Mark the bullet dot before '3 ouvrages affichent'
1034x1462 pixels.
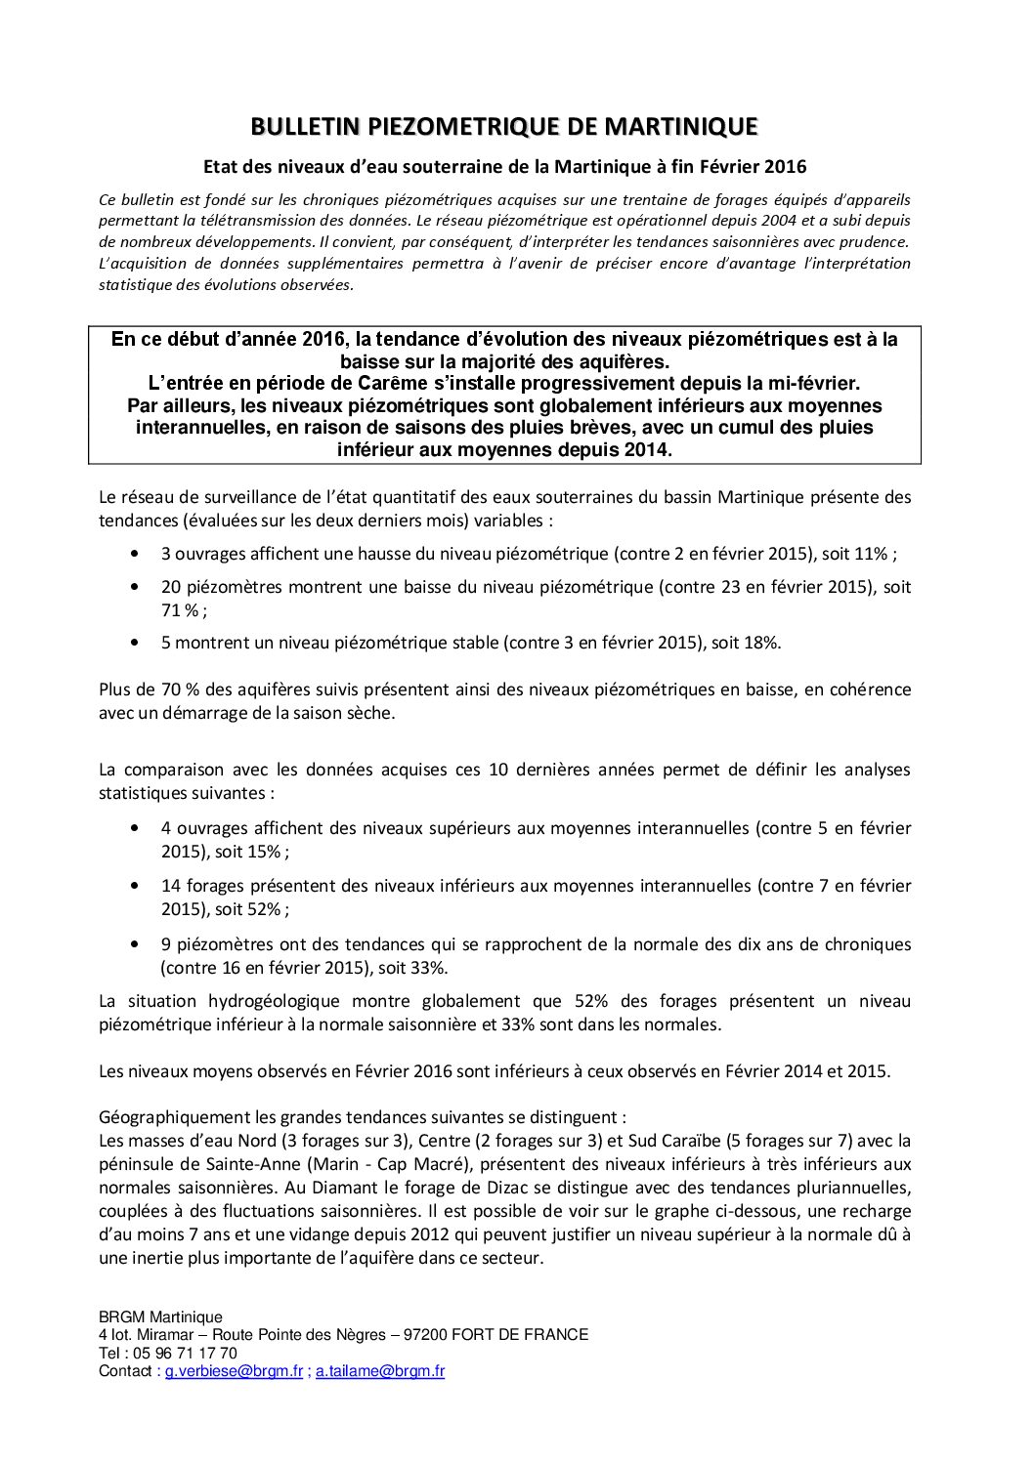(134, 554)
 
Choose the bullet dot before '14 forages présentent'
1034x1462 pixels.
(134, 887)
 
